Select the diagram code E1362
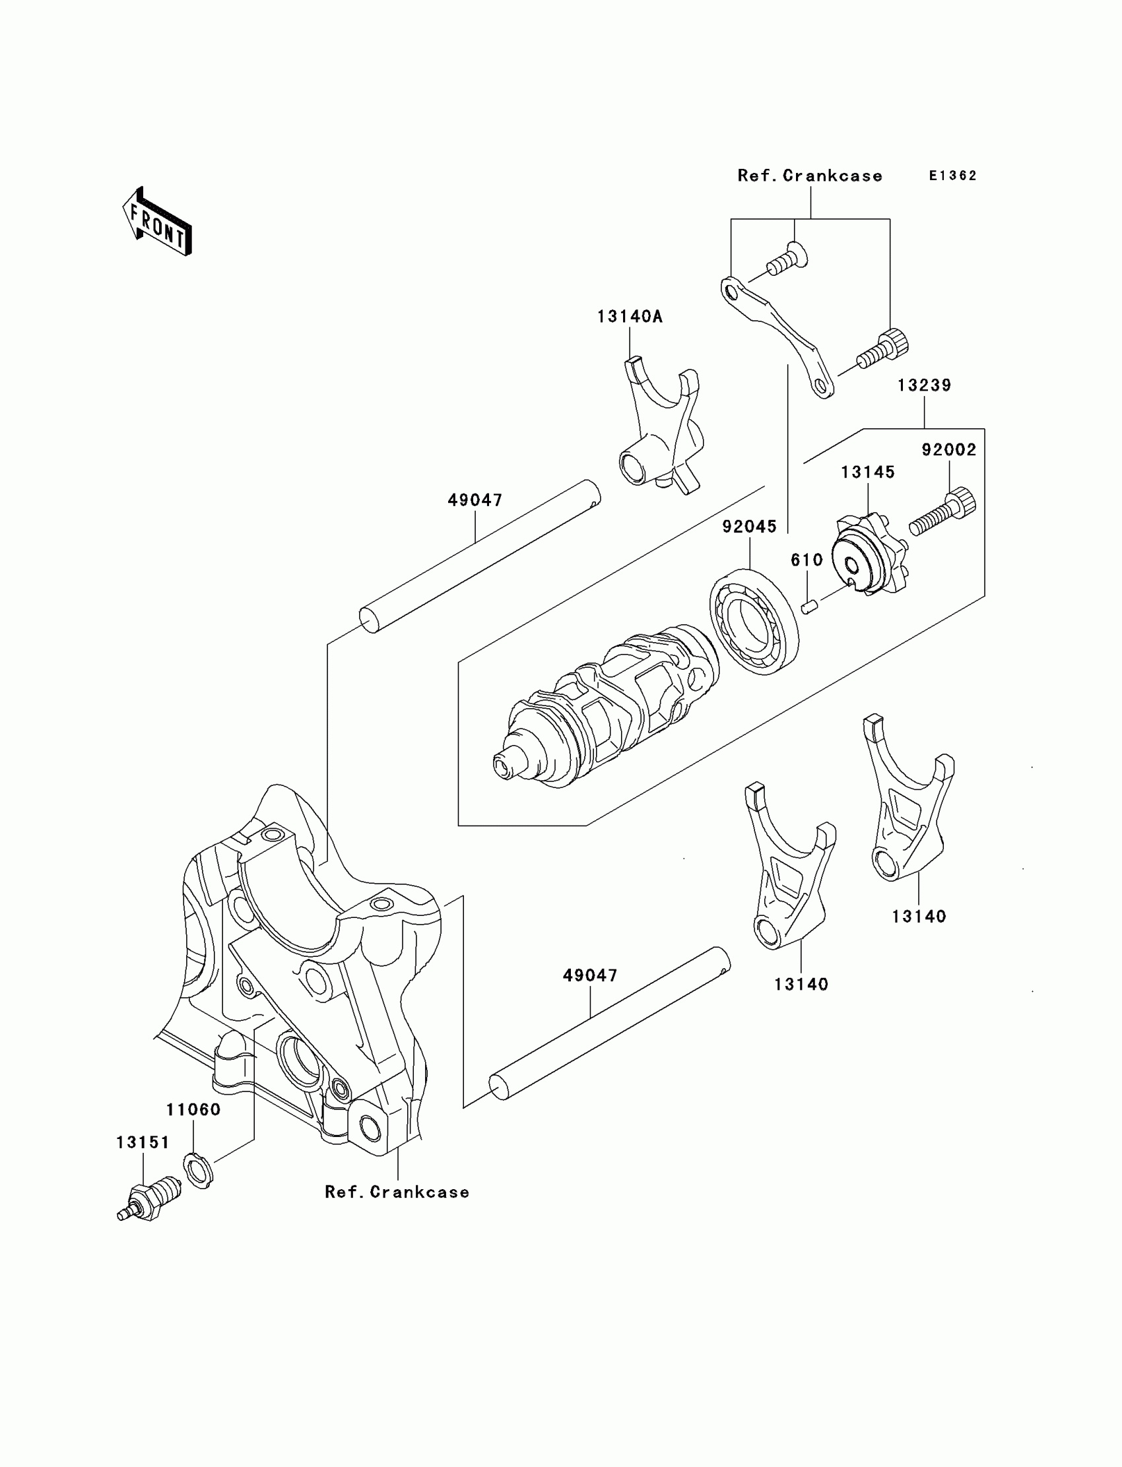coord(953,176)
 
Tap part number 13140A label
coord(629,317)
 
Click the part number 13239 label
coord(923,385)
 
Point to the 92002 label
coord(948,450)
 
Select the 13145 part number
coord(867,472)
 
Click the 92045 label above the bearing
coord(749,527)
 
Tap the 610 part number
coord(807,560)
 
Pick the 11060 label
coord(193,1110)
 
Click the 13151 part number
coord(143,1142)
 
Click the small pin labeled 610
coord(809,606)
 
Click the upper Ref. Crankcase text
coord(809,176)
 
